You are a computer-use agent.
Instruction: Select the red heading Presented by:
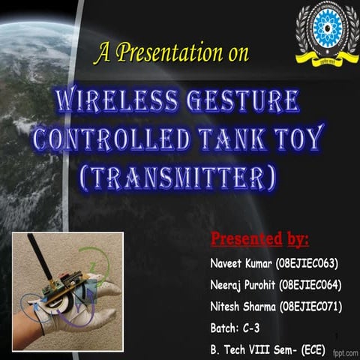click(x=259, y=240)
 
